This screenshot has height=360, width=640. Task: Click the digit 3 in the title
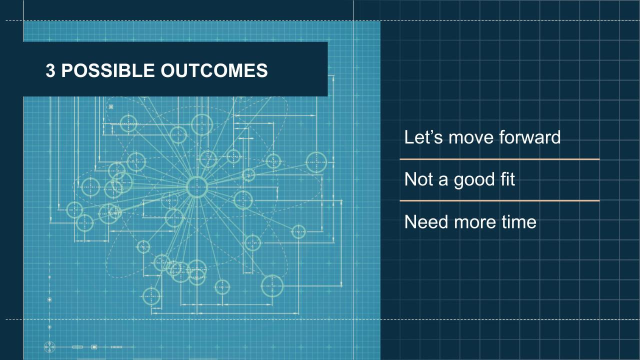tap(50, 70)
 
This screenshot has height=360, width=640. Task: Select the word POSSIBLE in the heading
tap(108, 70)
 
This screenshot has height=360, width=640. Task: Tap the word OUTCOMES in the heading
tap(214, 70)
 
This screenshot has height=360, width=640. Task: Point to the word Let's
tap(423, 137)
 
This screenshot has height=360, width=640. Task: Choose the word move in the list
tap(471, 139)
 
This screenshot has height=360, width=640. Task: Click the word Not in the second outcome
tap(418, 179)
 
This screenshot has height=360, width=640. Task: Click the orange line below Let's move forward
tap(499, 159)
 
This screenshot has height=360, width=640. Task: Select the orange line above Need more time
tap(499, 201)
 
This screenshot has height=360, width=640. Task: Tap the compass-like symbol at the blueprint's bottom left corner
tap(49, 347)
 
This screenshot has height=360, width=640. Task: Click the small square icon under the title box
tap(111, 107)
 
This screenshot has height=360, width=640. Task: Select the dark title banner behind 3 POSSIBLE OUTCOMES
tap(175, 69)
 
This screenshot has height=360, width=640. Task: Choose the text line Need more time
tap(470, 222)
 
